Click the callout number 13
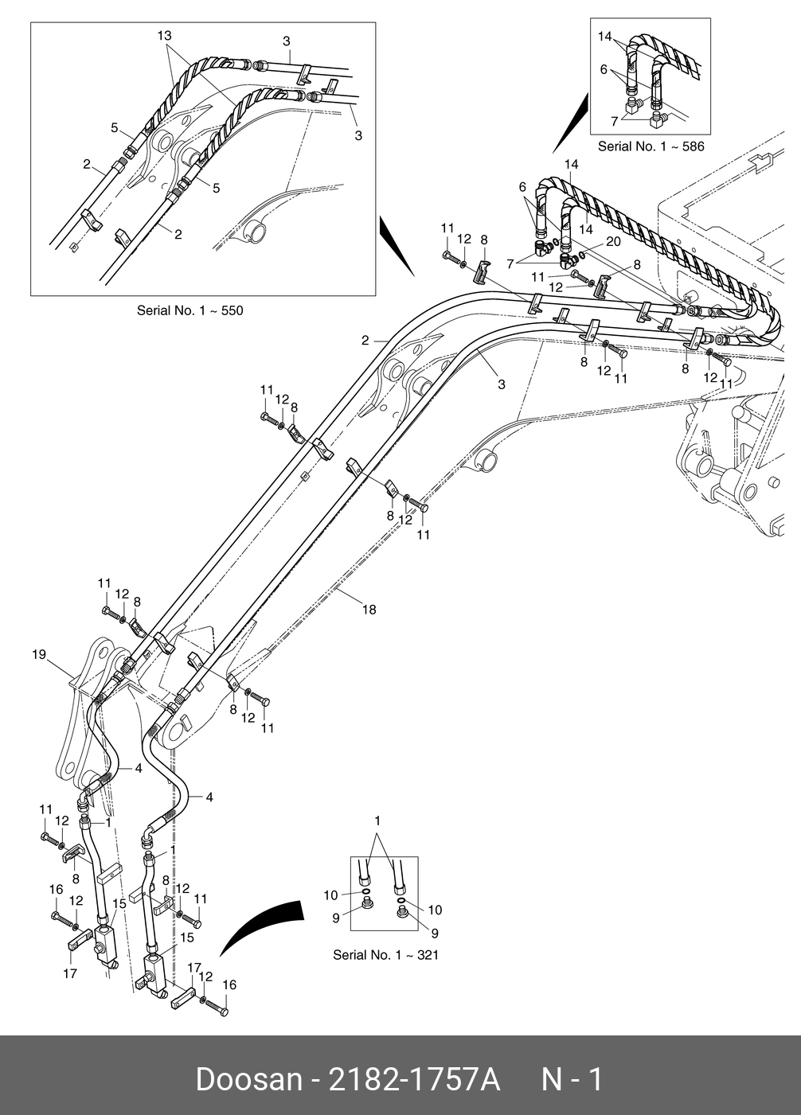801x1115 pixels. click(164, 36)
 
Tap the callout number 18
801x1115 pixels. click(369, 610)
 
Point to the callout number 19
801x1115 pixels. click(39, 654)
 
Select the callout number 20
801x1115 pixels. click(613, 241)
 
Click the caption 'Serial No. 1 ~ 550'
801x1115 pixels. click(190, 310)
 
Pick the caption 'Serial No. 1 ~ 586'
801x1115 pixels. click(651, 146)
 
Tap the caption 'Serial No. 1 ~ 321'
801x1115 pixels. click(385, 955)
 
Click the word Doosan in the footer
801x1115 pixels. click(249, 1080)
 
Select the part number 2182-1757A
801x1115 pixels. click(413, 1080)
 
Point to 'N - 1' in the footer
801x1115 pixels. click(572, 1080)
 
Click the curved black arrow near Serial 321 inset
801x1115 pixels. click(261, 928)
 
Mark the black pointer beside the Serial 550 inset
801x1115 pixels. click(397, 246)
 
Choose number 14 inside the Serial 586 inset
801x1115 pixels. click(605, 37)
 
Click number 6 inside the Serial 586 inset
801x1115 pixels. click(604, 70)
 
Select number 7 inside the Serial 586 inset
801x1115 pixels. click(615, 121)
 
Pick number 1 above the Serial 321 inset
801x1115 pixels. click(377, 821)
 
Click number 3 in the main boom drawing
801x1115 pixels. click(502, 384)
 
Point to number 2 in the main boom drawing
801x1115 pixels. click(365, 341)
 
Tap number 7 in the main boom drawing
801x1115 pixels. click(510, 264)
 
